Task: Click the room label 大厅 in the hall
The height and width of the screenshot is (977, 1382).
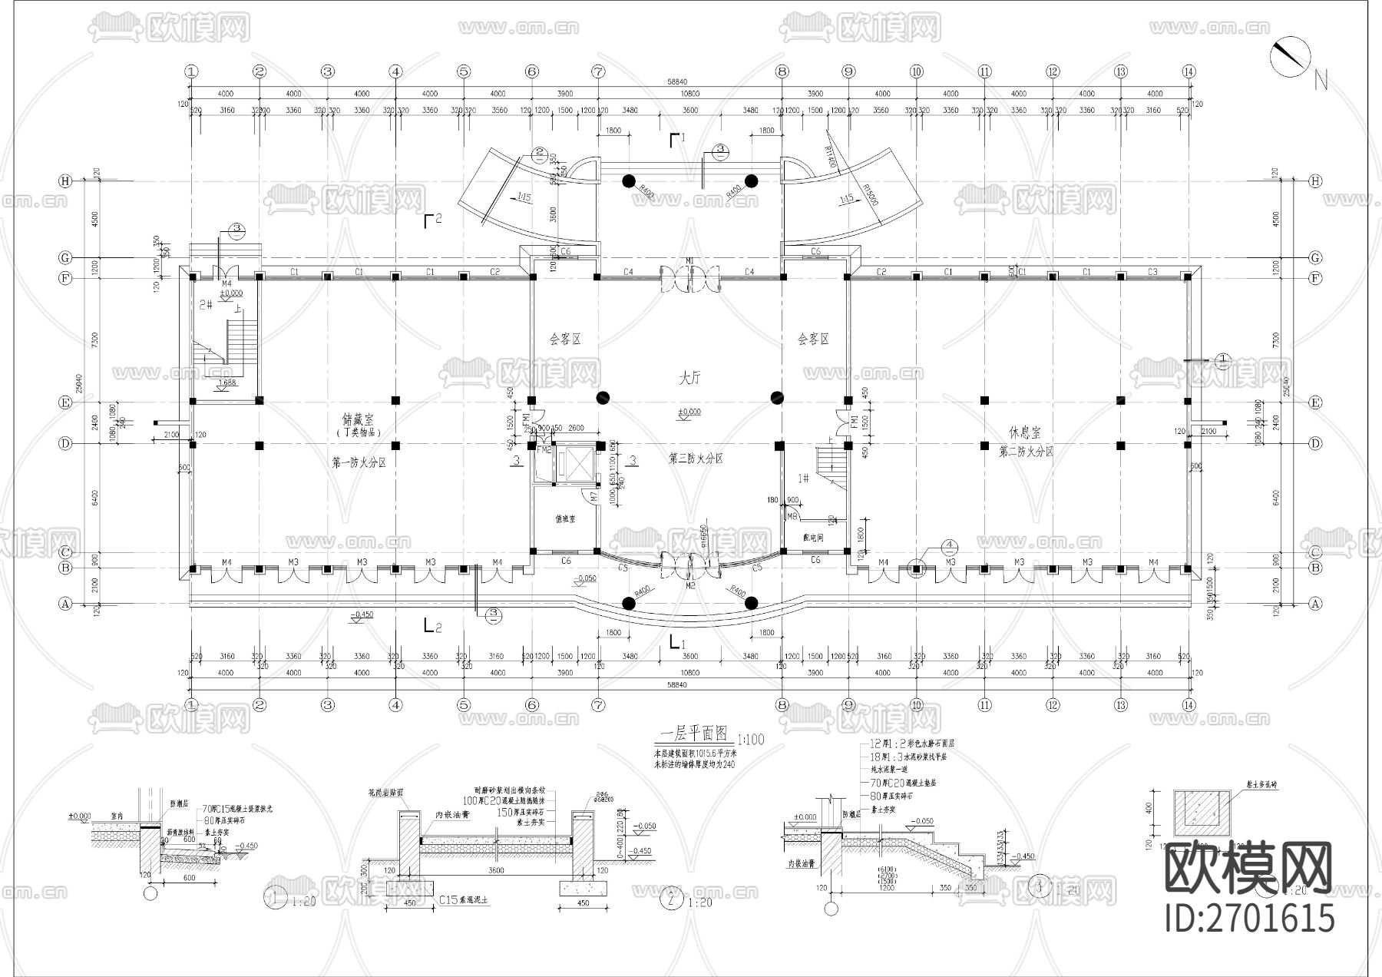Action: (689, 378)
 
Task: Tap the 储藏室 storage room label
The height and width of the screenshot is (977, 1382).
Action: (358, 420)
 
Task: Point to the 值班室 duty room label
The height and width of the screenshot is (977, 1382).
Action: (565, 519)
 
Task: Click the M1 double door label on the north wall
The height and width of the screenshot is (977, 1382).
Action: (689, 261)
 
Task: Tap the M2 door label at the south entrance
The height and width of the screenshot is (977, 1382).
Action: (689, 586)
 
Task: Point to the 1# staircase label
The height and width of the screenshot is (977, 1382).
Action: (803, 479)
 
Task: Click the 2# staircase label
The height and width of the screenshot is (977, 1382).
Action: (205, 305)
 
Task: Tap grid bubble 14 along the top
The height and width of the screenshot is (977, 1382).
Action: (1189, 71)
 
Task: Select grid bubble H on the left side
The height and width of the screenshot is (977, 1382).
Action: (65, 181)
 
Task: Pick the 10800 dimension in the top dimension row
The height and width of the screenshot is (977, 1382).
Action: (689, 94)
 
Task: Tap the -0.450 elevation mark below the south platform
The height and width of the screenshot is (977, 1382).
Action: (361, 614)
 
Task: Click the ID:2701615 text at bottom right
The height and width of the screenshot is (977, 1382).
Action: (1250, 918)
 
